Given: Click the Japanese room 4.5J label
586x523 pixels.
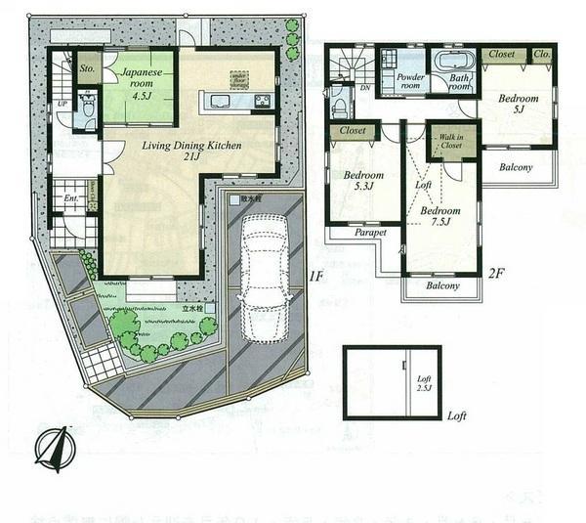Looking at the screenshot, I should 140,79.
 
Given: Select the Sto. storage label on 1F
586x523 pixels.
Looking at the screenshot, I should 88,69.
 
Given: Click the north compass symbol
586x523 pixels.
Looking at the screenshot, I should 55,449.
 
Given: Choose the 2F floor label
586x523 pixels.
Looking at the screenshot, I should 495,274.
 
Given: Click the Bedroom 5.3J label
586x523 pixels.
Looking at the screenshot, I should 363,182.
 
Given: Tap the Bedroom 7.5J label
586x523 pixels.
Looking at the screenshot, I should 440,216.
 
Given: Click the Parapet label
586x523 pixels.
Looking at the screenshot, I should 370,233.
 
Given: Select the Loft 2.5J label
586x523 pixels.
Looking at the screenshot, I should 424,384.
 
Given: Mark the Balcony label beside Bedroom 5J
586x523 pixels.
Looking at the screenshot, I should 516,167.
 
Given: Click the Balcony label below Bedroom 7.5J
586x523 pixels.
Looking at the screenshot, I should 442,286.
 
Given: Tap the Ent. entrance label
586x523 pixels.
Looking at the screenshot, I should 70,199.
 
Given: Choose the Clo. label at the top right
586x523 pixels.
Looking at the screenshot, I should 542,55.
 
